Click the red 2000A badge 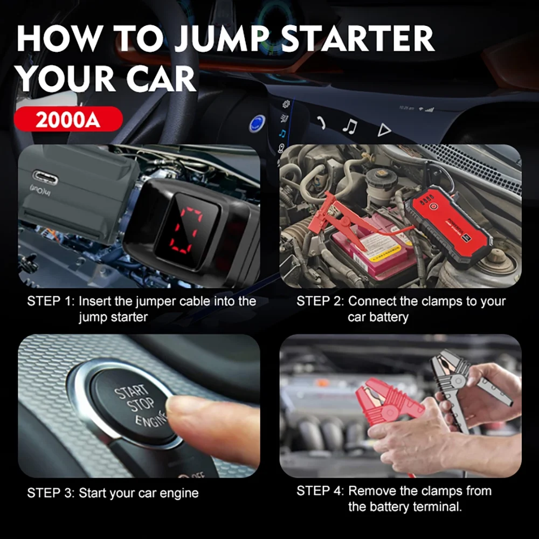[68, 119]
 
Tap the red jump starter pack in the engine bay [450, 221]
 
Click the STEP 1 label [51, 301]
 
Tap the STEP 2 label [320, 301]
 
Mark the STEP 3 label [51, 493]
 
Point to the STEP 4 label [320, 491]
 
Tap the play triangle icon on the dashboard [383, 129]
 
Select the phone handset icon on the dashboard [321, 123]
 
